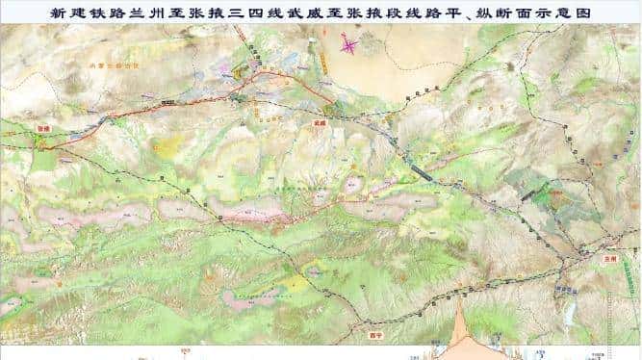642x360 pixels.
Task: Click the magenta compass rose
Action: tap(349, 43)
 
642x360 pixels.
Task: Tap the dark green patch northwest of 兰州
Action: tap(548, 198)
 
